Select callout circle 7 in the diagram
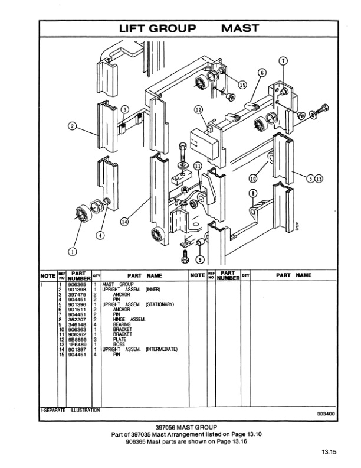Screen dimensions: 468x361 click(x=283, y=61)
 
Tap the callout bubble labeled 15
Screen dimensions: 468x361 click(x=242, y=84)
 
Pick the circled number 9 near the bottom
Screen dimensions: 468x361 click(x=199, y=259)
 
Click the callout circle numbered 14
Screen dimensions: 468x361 click(x=124, y=222)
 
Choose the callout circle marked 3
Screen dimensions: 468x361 click(x=124, y=109)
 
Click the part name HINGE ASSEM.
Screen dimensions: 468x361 click(x=129, y=319)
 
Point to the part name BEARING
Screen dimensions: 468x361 click(x=122, y=324)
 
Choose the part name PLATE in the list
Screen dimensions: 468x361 click(x=120, y=339)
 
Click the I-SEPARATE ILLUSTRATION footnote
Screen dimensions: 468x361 click(x=70, y=410)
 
